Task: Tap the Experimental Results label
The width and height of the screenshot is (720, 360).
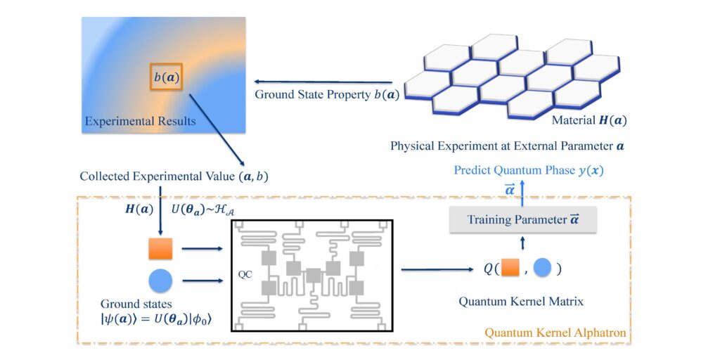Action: click(140, 121)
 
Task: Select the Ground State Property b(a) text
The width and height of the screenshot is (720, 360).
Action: click(327, 94)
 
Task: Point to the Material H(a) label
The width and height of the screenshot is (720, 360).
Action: click(588, 120)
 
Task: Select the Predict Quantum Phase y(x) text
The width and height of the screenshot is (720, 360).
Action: click(528, 170)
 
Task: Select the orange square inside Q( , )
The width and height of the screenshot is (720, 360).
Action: click(509, 269)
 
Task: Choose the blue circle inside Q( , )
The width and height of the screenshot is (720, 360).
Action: click(543, 269)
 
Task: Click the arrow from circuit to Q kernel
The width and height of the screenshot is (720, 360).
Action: click(437, 269)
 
